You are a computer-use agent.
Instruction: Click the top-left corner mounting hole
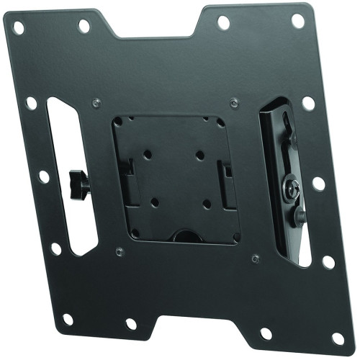pyautogui.click(x=19, y=27)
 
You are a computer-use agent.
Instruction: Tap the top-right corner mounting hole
pyautogui.click(x=297, y=21)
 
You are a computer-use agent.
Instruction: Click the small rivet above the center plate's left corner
pyautogui.click(x=96, y=103)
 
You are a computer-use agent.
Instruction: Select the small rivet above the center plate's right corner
pyautogui.click(x=233, y=102)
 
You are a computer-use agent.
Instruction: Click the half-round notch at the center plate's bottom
pyautogui.click(x=186, y=236)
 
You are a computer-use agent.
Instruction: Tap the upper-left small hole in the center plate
pyautogui.click(x=148, y=153)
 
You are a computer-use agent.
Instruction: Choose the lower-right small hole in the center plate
pyautogui.click(x=207, y=204)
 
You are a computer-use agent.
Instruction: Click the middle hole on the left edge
pyautogui.click(x=45, y=176)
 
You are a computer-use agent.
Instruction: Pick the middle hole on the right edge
pyautogui.click(x=318, y=182)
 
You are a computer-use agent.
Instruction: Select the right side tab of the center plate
pyautogui.click(x=225, y=174)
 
